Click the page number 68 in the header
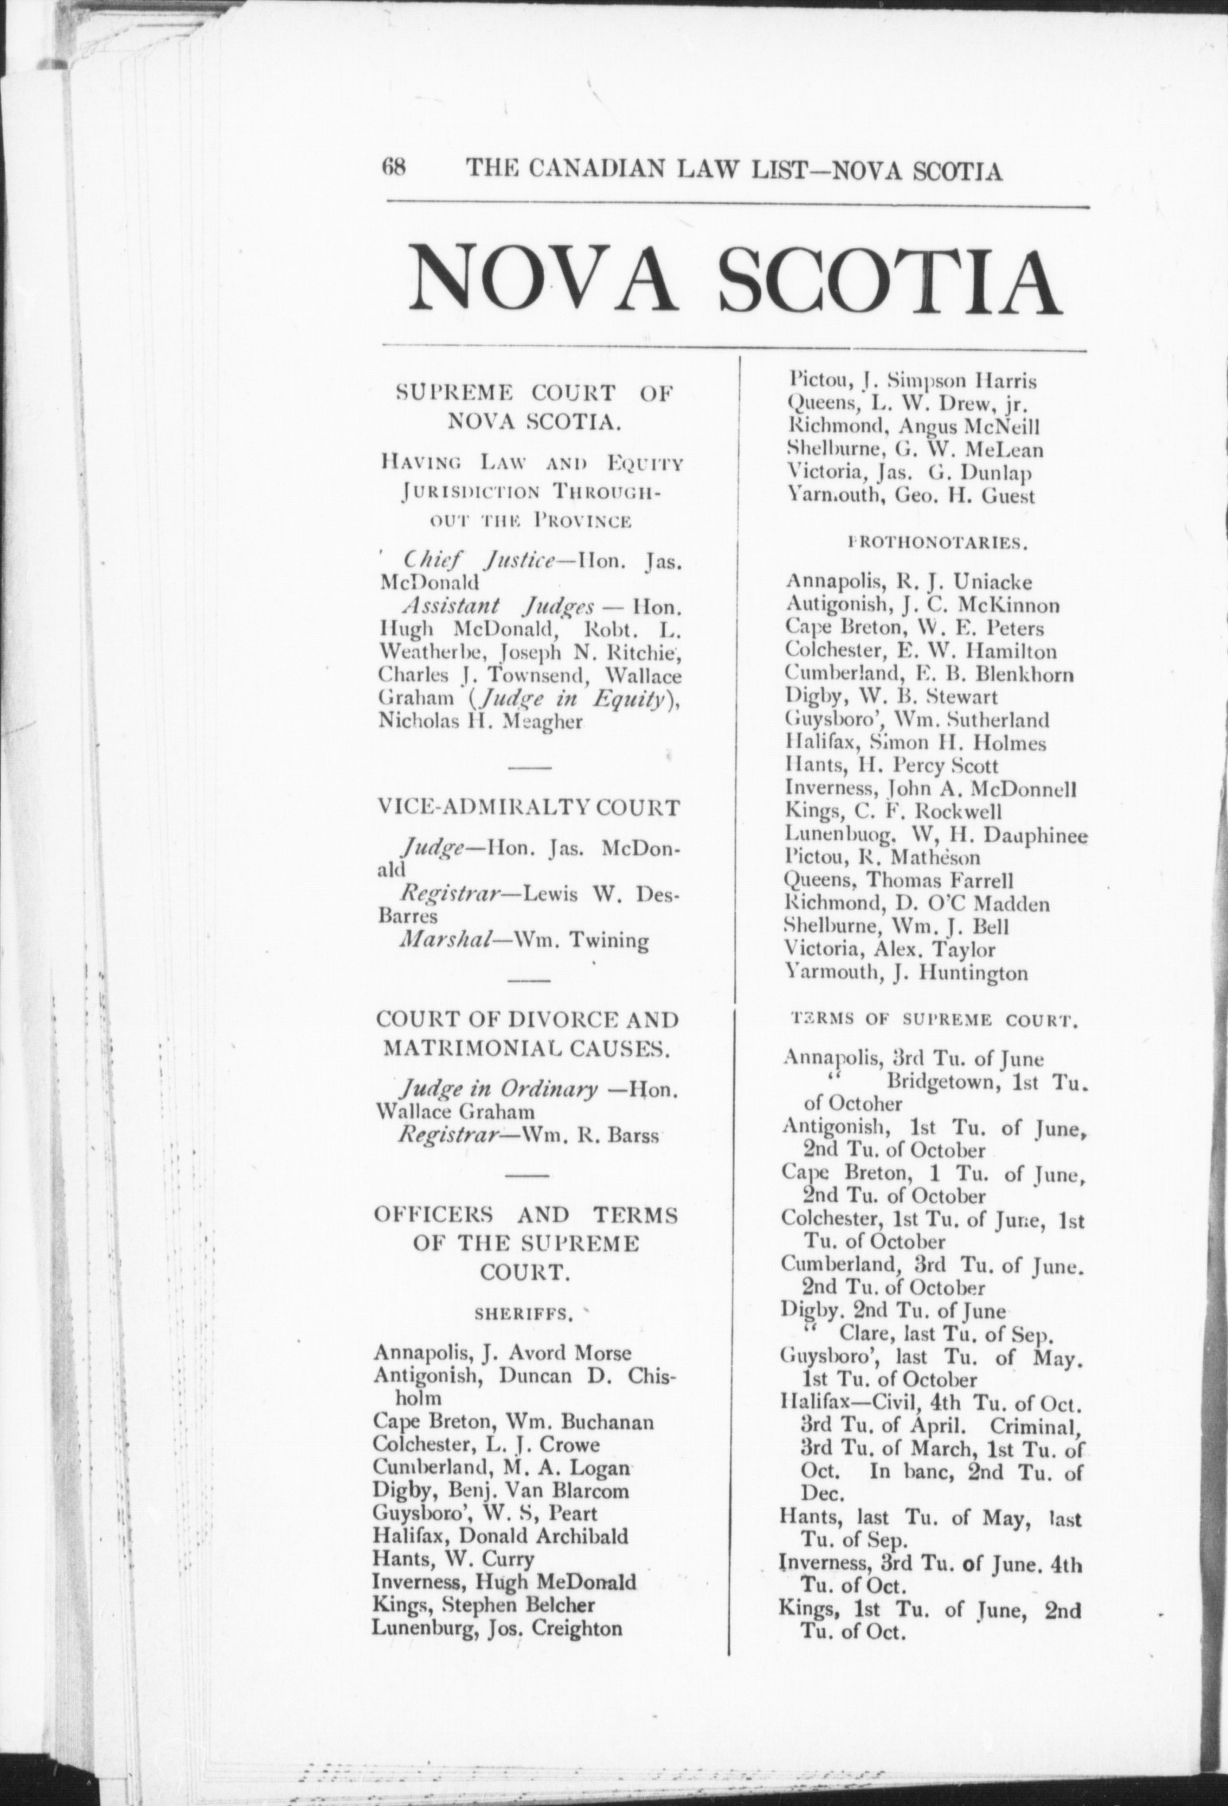(394, 169)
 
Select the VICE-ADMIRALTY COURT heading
(528, 808)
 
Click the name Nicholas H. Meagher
(482, 722)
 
